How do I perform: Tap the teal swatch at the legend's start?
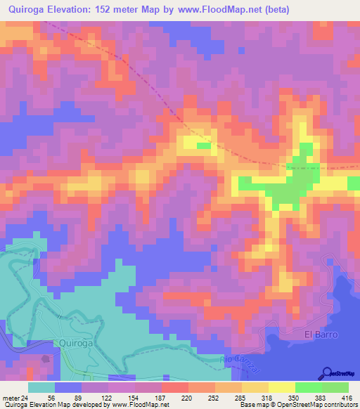tap(41, 387)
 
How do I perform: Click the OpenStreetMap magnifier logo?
tap(326, 372)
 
